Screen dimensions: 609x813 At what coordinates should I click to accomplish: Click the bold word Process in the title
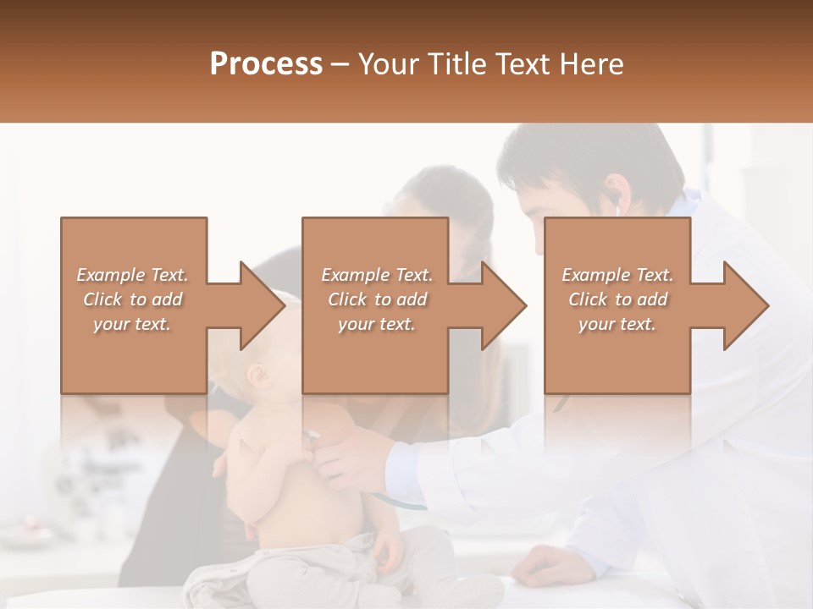pyautogui.click(x=266, y=63)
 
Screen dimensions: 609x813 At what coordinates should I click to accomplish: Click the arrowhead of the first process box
pyautogui.click(x=261, y=305)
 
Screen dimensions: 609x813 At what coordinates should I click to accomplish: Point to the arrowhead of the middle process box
pyautogui.click(x=502, y=305)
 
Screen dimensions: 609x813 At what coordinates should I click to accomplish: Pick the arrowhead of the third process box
pyautogui.click(x=745, y=305)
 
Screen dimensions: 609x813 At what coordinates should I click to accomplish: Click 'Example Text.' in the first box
pyautogui.click(x=132, y=275)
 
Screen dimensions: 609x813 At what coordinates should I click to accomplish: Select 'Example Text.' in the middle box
pyautogui.click(x=376, y=275)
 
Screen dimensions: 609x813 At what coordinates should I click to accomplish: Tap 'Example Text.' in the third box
pyautogui.click(x=617, y=275)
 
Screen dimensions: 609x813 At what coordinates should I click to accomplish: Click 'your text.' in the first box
pyautogui.click(x=132, y=324)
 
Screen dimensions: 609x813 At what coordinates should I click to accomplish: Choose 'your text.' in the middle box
pyautogui.click(x=376, y=324)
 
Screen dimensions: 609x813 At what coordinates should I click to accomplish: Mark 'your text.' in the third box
pyautogui.click(x=617, y=324)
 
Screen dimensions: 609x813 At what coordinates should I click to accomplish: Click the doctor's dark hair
pyautogui.click(x=593, y=156)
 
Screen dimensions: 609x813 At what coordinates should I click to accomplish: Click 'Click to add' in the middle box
pyautogui.click(x=376, y=299)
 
